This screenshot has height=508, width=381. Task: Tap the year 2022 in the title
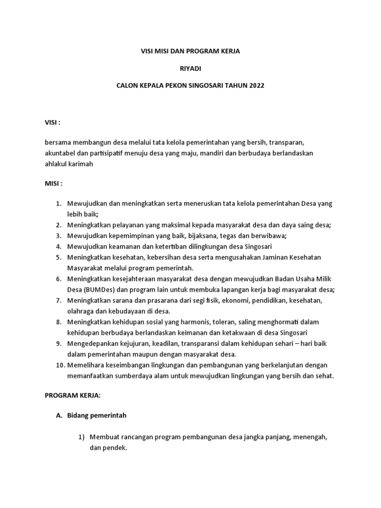pyautogui.click(x=256, y=85)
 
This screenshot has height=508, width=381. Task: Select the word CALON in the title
pyautogui.click(x=127, y=85)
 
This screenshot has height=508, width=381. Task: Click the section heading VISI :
pyautogui.click(x=53, y=122)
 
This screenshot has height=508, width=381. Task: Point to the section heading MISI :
pyautogui.click(x=53, y=184)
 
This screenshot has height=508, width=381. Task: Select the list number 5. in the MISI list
pyautogui.click(x=58, y=257)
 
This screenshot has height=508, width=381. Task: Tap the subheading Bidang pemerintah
pyautogui.click(x=100, y=415)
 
